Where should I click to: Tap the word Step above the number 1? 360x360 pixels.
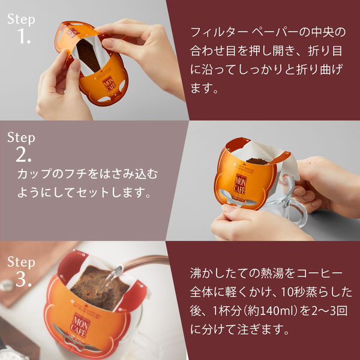click(21, 18)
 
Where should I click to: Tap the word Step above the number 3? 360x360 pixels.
click(21, 262)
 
